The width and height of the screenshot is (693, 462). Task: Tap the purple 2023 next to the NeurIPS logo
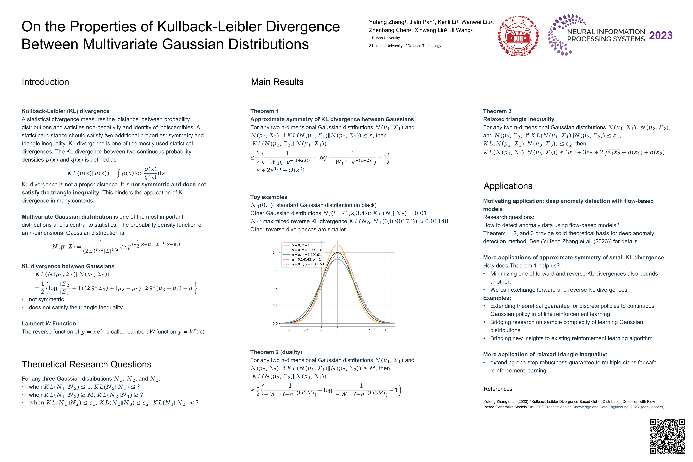point(661,35)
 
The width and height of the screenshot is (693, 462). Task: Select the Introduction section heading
point(45,82)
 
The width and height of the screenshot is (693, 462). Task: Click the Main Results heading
point(277,82)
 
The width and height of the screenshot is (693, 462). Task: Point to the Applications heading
point(508,186)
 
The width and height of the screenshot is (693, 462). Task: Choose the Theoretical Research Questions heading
point(86,364)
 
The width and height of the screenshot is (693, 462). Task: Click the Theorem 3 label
point(497,111)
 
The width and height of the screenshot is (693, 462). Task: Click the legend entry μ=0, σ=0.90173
point(306,250)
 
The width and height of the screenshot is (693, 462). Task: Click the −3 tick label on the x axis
point(290,330)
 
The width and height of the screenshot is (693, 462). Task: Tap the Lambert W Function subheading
point(49,324)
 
